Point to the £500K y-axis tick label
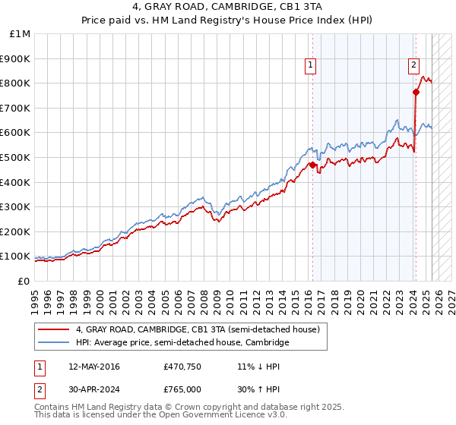tap(15, 157)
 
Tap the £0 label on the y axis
tap(24, 281)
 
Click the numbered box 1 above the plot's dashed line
tap(312, 66)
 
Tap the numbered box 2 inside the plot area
tap(414, 66)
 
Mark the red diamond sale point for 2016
tap(312, 164)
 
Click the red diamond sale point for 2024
tap(416, 92)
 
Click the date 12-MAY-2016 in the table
tap(93, 367)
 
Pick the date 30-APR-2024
tap(93, 389)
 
